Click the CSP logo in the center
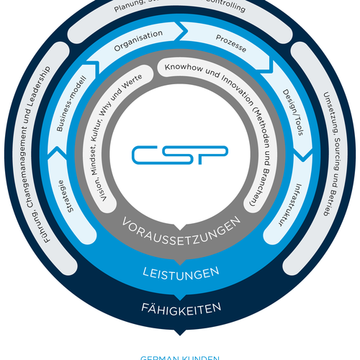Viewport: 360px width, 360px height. click(x=179, y=154)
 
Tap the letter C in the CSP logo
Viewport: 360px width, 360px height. click(x=147, y=154)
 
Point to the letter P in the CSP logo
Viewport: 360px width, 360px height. click(x=214, y=154)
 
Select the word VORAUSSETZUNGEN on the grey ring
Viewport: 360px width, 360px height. click(x=179, y=230)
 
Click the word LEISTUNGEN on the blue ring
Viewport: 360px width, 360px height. click(x=179, y=274)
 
